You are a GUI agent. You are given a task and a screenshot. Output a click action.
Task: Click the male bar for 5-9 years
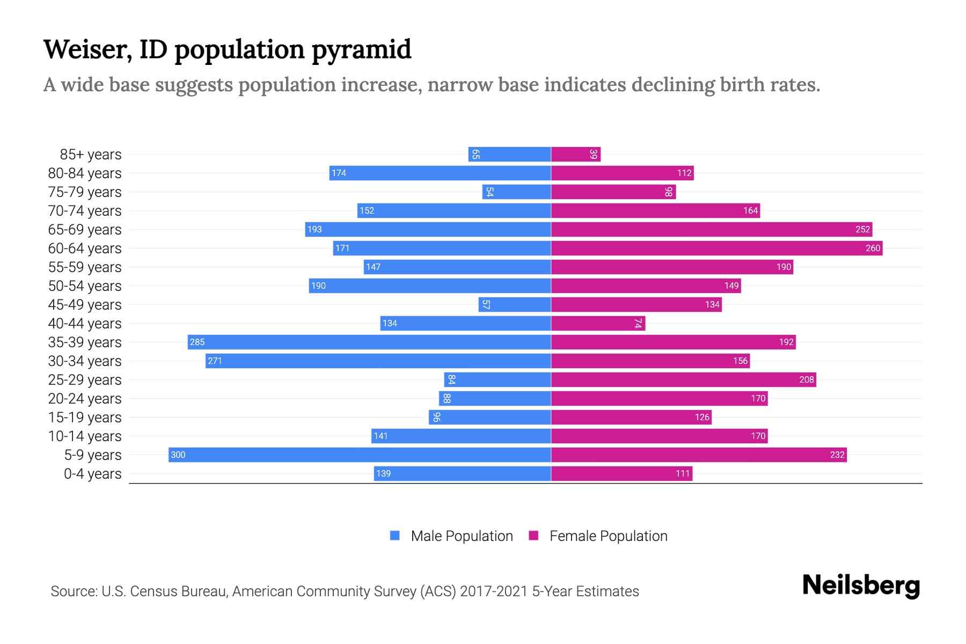point(360,455)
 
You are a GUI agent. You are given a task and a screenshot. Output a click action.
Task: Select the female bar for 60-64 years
point(716,248)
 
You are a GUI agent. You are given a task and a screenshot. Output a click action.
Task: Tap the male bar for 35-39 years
point(369,342)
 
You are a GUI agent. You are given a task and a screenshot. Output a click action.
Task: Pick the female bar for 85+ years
point(576,154)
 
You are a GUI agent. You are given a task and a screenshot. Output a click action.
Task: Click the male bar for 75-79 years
point(516,192)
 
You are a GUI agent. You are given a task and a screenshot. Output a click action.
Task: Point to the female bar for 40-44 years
point(598,323)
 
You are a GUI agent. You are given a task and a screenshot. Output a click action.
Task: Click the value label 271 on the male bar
point(215,361)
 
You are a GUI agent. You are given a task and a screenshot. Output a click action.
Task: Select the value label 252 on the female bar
point(862,229)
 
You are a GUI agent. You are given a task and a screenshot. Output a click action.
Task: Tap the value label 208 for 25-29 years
point(807,379)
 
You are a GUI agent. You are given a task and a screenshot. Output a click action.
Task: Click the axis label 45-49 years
point(85,304)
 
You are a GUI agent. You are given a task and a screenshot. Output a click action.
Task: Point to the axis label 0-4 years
point(92,473)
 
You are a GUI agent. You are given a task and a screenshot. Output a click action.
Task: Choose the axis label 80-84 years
point(85,173)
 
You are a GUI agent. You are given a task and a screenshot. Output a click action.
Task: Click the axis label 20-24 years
point(85,398)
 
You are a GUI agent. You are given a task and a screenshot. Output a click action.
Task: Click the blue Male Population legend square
point(395,536)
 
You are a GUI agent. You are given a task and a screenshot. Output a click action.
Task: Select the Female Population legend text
point(608,536)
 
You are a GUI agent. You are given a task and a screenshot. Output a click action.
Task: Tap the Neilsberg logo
point(861,586)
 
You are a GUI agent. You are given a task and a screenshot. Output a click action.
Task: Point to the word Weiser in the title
point(87,49)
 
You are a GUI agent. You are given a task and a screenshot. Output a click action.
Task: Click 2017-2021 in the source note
point(494,591)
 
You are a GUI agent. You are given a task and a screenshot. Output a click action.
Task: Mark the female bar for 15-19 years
point(631,417)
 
